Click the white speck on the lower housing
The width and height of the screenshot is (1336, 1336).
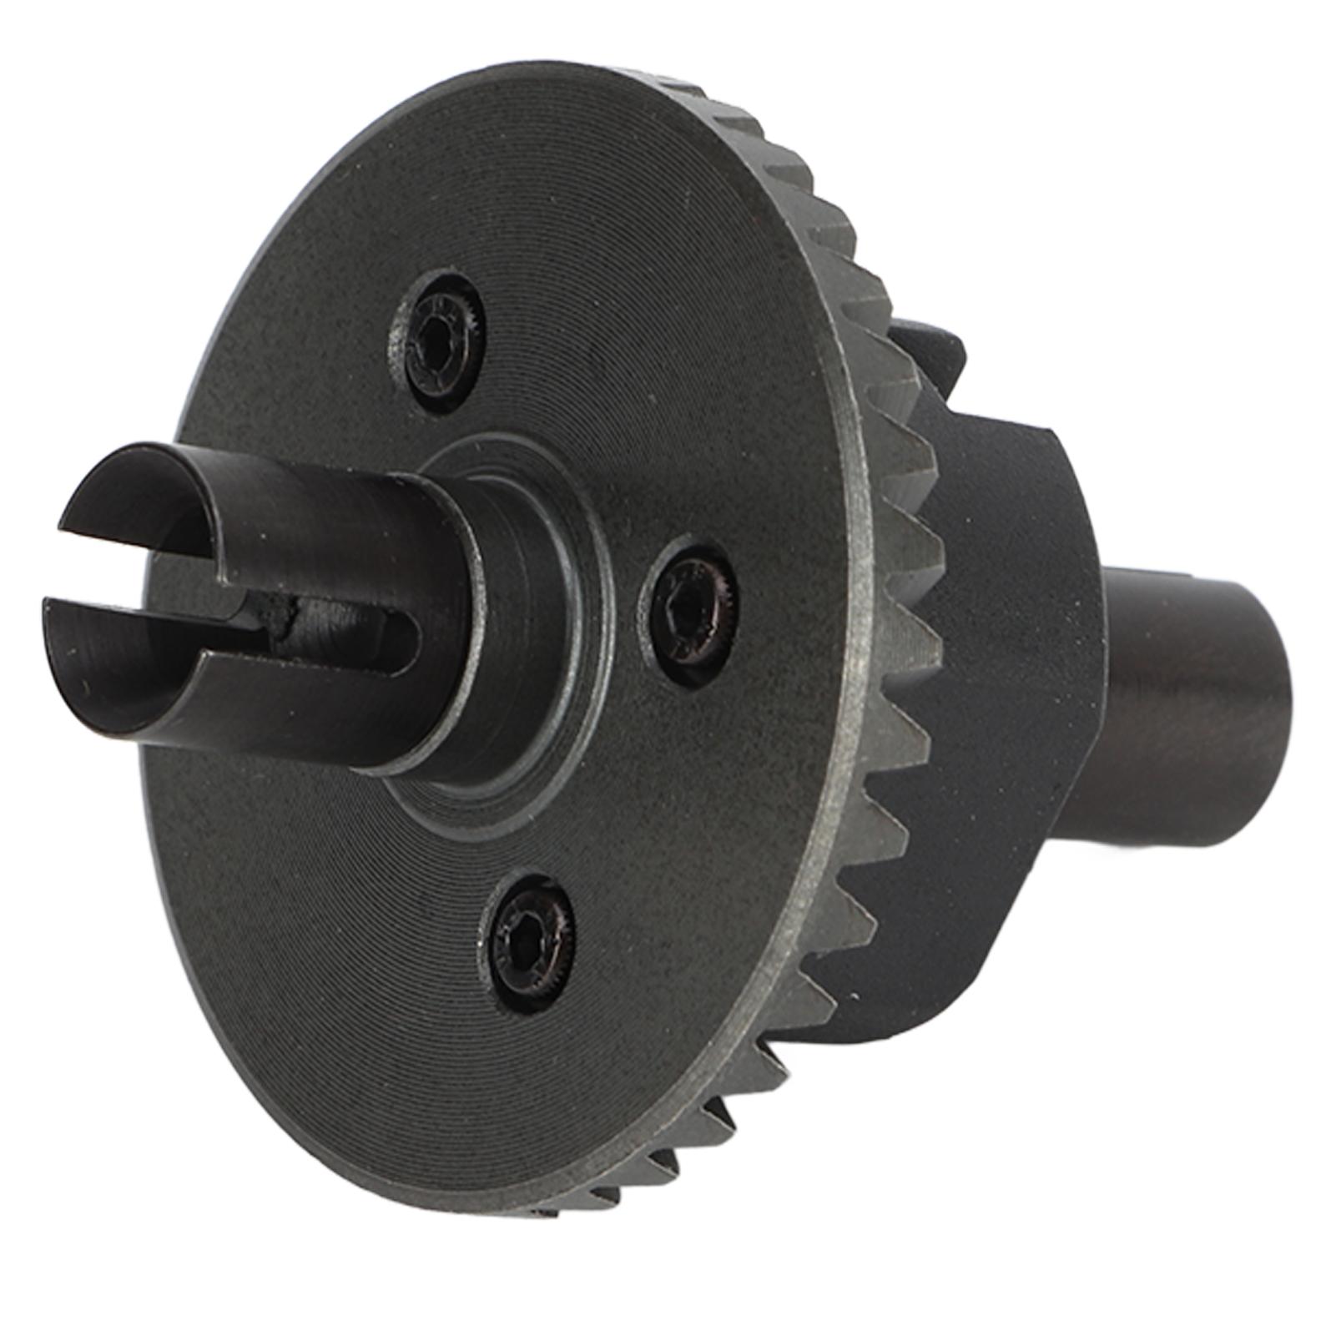pyautogui.click(x=852, y=996)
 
